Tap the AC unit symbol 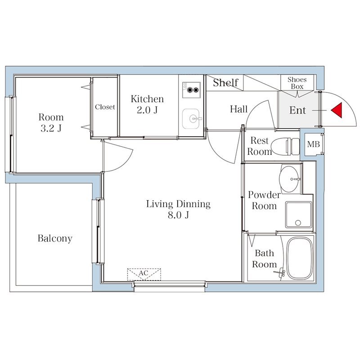tap(144, 274)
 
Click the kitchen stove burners tap(191, 90)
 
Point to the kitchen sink tap(191, 119)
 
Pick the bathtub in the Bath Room tap(300, 258)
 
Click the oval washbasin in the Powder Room tap(289, 179)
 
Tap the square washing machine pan tap(299, 215)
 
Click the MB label tap(313, 144)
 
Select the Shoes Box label tap(297, 83)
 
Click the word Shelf tap(226, 82)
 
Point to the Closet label tap(105, 107)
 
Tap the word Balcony tap(55, 238)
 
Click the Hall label tap(239, 109)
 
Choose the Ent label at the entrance tap(297, 110)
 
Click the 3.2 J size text tap(51, 129)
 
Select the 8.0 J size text tap(178, 216)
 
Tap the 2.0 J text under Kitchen tap(147, 110)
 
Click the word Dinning tap(193, 204)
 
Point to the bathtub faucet tap(280, 273)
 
